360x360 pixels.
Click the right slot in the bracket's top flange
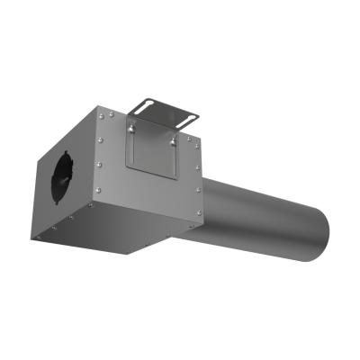click(x=188, y=115)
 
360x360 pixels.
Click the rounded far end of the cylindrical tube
click(x=318, y=234)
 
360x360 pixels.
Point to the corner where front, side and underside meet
click(x=91, y=207)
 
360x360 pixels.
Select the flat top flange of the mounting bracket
click(x=167, y=109)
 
